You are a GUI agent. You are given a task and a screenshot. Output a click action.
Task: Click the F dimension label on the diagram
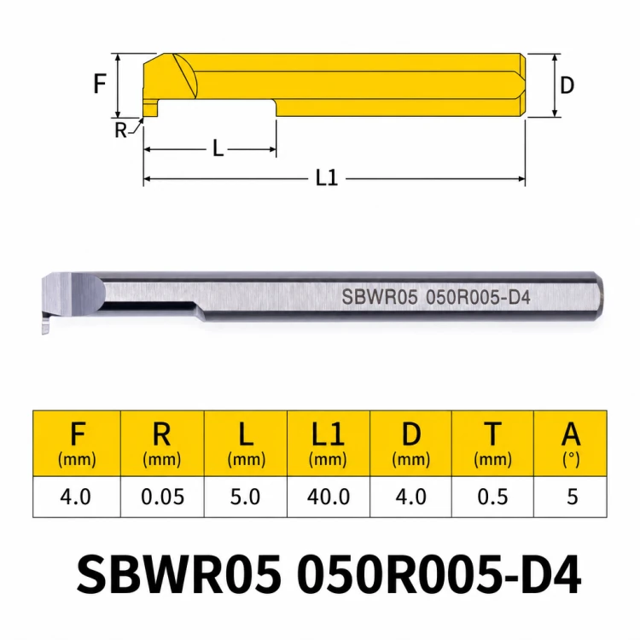point(100,84)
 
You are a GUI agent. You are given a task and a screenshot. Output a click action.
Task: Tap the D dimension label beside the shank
point(567,85)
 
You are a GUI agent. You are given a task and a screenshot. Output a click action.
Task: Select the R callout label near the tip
point(120,131)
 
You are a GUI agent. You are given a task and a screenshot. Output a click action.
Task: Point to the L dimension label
point(218,148)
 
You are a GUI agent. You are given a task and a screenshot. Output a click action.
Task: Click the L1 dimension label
point(327,178)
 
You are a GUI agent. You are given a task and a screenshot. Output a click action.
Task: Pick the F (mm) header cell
point(77,444)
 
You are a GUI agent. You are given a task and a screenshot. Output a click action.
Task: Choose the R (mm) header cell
point(162,444)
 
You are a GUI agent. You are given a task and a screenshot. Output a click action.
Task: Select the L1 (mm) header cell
point(329,444)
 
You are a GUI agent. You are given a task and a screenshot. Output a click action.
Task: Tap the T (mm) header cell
point(492,444)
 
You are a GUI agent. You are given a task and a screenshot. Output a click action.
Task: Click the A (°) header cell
point(571,444)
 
